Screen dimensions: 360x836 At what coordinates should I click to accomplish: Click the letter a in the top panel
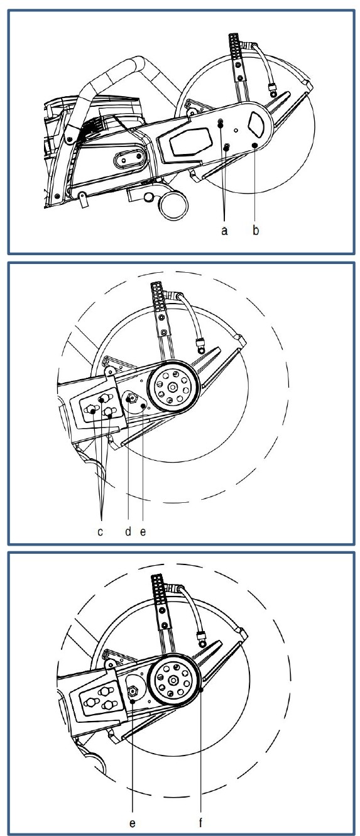224,231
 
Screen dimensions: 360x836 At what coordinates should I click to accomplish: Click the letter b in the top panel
256,229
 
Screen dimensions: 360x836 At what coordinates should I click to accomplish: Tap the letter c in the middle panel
100,532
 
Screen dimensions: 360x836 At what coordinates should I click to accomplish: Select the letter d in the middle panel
128,531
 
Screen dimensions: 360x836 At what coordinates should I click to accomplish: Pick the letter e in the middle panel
143,532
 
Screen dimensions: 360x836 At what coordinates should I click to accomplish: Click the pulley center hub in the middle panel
172,387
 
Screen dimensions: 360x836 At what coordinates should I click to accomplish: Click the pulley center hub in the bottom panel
172,680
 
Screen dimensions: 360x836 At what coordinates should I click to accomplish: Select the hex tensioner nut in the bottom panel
133,691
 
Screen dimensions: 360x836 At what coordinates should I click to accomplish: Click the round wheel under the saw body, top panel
173,206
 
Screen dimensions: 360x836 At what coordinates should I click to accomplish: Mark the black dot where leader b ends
255,145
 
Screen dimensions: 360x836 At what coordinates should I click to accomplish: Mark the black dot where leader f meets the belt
202,690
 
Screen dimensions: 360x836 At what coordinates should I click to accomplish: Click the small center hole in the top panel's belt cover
236,130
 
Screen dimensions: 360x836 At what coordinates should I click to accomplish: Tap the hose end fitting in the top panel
274,89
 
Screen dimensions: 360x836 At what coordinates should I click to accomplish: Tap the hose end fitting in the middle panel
201,345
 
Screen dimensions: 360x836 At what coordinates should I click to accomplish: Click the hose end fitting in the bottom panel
202,637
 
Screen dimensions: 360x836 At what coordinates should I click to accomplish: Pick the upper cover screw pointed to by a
221,123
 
